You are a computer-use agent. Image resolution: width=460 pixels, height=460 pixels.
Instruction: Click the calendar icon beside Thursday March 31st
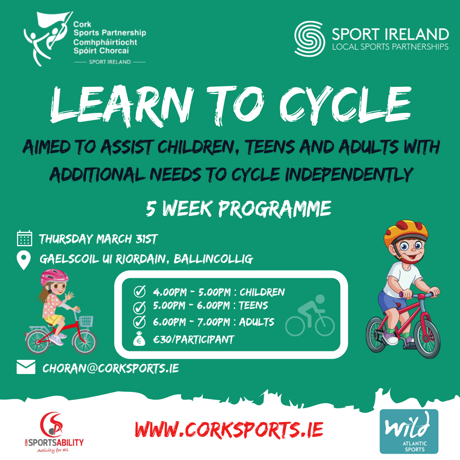pyautogui.click(x=24, y=239)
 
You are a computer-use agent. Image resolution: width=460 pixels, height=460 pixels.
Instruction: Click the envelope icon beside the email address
pyautogui.click(x=26, y=367)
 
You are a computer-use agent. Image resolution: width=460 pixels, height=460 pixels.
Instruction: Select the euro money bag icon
pyautogui.click(x=140, y=340)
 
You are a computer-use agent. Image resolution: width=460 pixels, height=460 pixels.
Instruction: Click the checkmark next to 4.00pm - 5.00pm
pyautogui.click(x=140, y=292)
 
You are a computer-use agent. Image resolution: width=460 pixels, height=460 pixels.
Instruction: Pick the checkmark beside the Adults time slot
pyautogui.click(x=140, y=322)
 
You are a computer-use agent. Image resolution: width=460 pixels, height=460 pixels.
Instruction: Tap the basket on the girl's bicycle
pyautogui.click(x=86, y=322)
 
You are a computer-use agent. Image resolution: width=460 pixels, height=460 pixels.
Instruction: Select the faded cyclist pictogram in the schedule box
pyautogui.click(x=310, y=316)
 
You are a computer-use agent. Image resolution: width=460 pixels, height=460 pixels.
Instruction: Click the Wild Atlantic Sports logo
pyautogui.click(x=408, y=431)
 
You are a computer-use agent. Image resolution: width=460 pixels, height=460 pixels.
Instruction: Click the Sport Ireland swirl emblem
pyautogui.click(x=309, y=39)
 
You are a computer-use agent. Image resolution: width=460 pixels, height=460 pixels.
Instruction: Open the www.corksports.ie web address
pyautogui.click(x=229, y=429)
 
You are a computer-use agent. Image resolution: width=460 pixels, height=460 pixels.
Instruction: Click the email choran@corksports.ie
pyautogui.click(x=110, y=368)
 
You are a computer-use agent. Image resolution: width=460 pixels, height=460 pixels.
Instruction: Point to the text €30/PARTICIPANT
pyautogui.click(x=194, y=340)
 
